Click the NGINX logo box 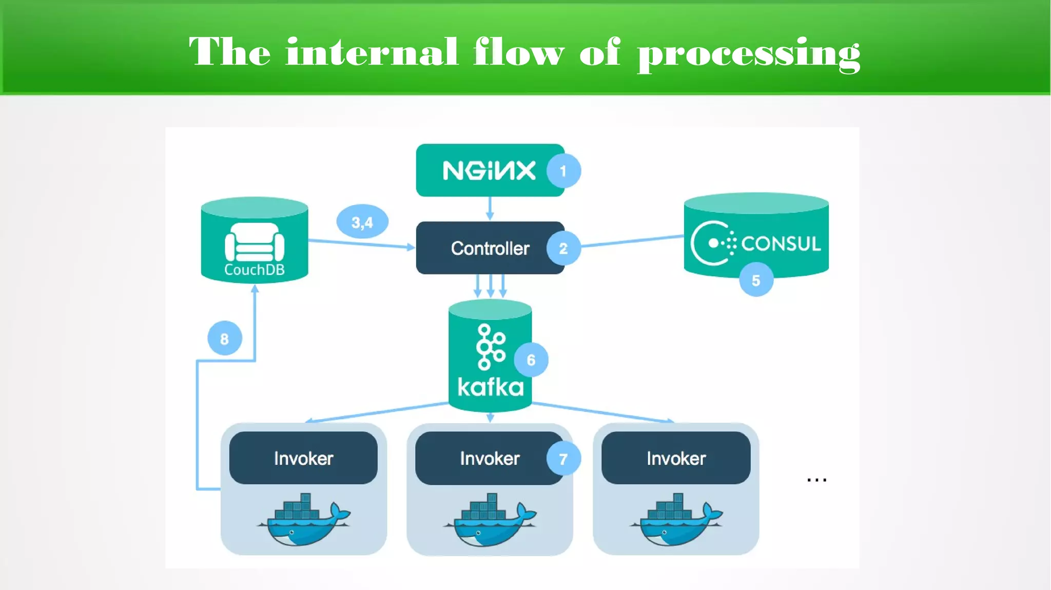[488, 170]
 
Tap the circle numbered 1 [563, 171]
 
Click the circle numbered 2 [563, 249]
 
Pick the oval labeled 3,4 [362, 222]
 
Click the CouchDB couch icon [255, 242]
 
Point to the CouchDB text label [255, 270]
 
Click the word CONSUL [781, 243]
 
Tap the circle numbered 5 [756, 280]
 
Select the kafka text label [491, 387]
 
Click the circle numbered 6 [531, 360]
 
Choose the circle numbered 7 [563, 459]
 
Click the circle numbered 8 [225, 339]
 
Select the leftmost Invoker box [303, 458]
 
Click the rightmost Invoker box [676, 458]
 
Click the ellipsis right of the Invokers [816, 480]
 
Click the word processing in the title [748, 53]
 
